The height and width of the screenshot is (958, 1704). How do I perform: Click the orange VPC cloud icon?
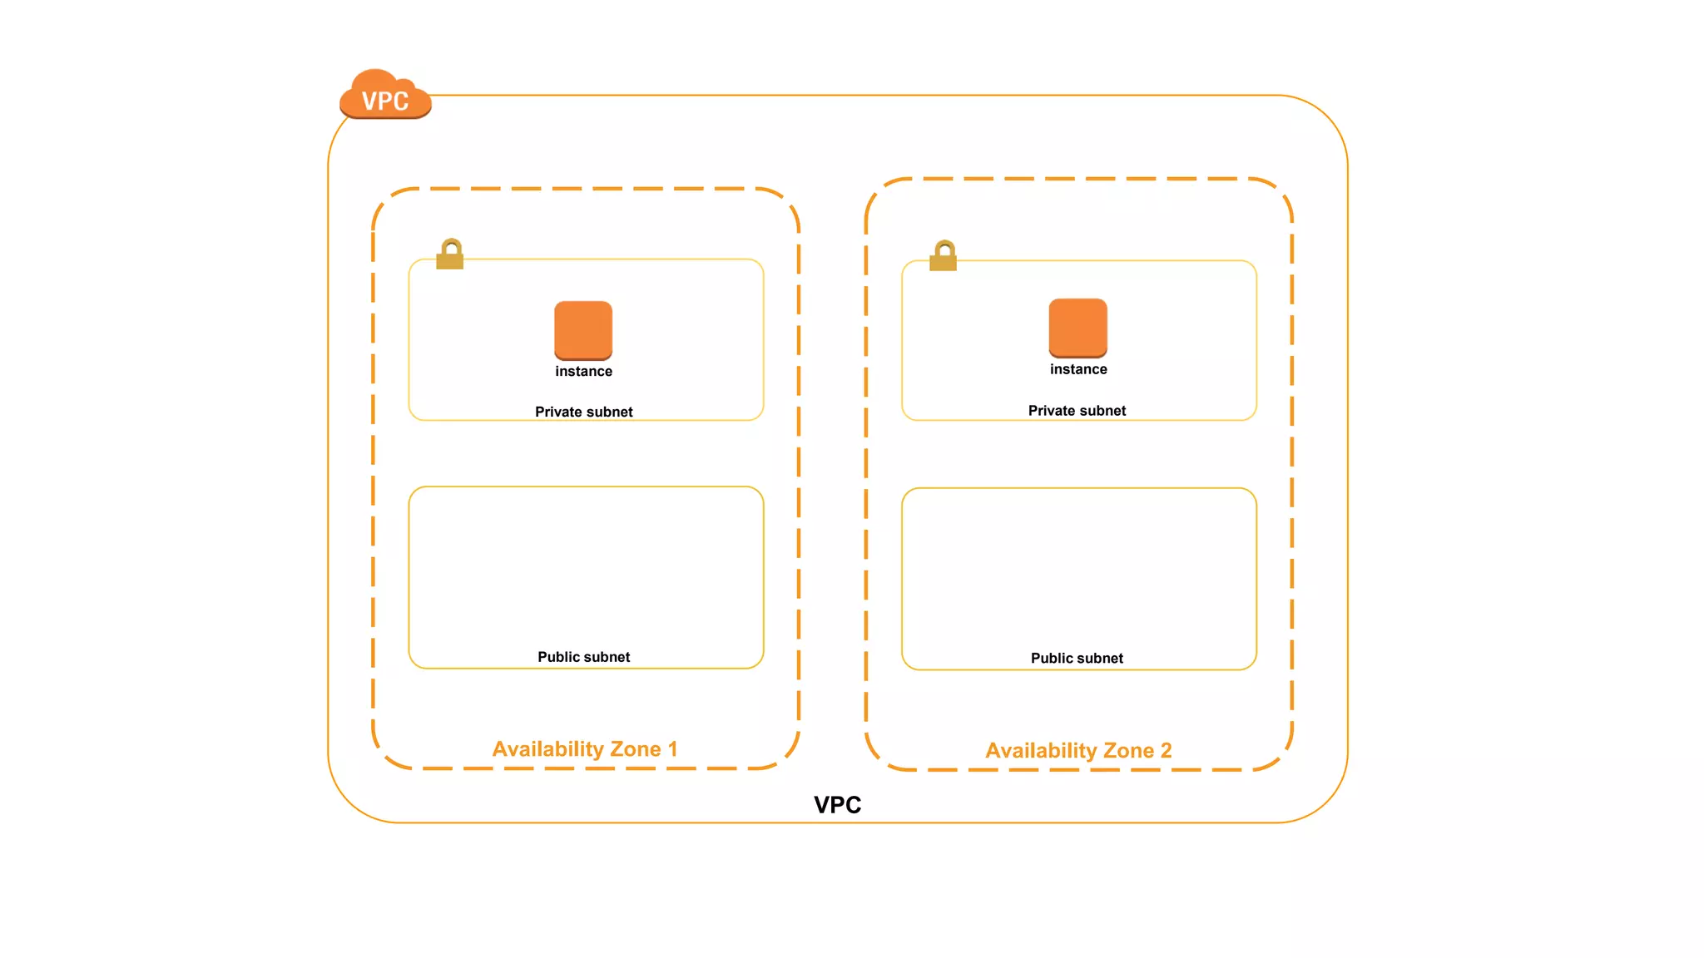pyautogui.click(x=385, y=95)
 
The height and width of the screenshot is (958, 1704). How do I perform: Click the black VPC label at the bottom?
pyautogui.click(x=837, y=804)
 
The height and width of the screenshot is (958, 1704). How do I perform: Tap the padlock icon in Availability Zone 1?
pyautogui.click(x=450, y=254)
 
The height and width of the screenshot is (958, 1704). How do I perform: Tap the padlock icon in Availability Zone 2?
pyautogui.click(x=943, y=256)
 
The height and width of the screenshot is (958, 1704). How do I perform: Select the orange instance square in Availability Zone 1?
pyautogui.click(x=583, y=329)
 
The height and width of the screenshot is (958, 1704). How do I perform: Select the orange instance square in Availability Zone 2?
pyautogui.click(x=1077, y=328)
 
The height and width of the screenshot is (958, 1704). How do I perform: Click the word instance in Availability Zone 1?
pyautogui.click(x=583, y=372)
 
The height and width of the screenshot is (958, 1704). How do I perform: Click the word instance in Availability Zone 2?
pyautogui.click(x=1078, y=369)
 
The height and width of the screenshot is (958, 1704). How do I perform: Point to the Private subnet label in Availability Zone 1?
pyautogui.click(x=583, y=412)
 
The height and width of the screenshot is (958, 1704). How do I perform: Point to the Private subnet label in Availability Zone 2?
pyautogui.click(x=1077, y=411)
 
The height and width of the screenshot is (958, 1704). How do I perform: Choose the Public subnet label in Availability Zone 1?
pyautogui.click(x=583, y=657)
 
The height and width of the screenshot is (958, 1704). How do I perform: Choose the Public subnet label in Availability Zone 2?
pyautogui.click(x=1077, y=659)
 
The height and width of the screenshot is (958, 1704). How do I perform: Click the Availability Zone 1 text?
pyautogui.click(x=584, y=749)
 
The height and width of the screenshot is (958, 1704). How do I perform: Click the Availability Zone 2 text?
pyautogui.click(x=1078, y=751)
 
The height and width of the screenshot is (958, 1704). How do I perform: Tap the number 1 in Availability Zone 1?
pyautogui.click(x=673, y=749)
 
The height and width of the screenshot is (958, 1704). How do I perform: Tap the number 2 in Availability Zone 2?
pyautogui.click(x=1166, y=751)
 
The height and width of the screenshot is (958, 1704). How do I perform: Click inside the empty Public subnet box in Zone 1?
pyautogui.click(x=586, y=565)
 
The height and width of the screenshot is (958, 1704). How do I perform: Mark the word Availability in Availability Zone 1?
pyautogui.click(x=547, y=749)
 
